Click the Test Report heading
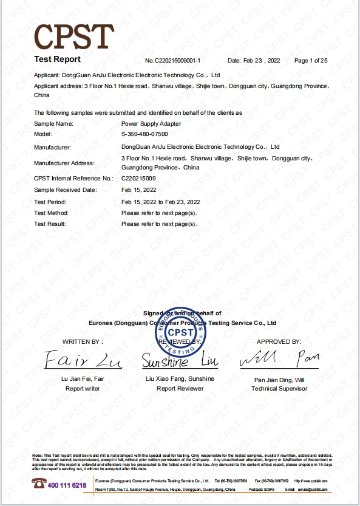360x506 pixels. (x=57, y=60)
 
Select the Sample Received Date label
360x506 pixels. (x=66, y=190)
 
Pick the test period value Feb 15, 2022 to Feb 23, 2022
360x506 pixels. (x=161, y=202)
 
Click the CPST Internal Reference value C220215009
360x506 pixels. (x=139, y=179)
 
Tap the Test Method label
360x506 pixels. (x=51, y=213)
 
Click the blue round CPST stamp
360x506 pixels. (x=182, y=332)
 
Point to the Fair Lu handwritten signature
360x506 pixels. (x=83, y=361)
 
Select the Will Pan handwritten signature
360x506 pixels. (x=279, y=360)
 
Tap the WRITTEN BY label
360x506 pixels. (x=83, y=342)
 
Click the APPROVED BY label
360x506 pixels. (x=279, y=342)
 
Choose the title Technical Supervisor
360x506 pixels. (x=279, y=389)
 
